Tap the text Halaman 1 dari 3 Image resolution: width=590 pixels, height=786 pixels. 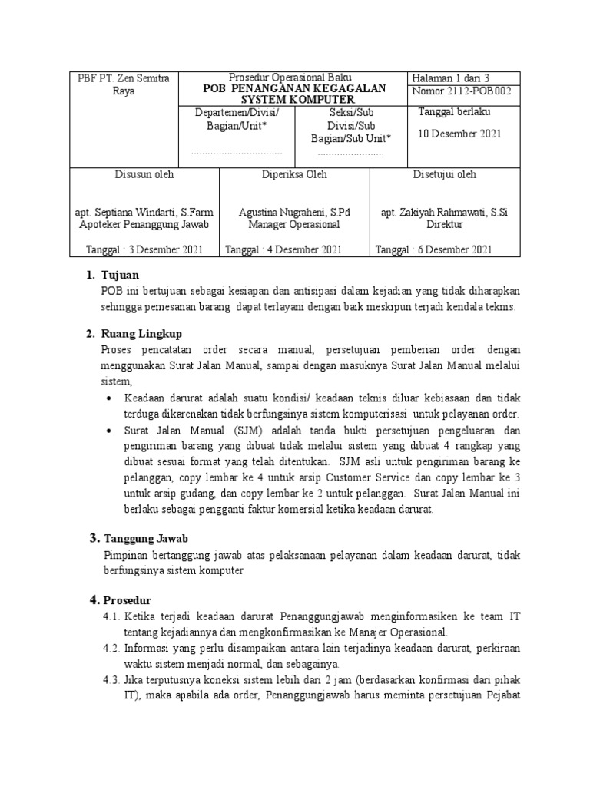click(x=451, y=78)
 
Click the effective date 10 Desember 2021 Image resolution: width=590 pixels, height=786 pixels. click(x=459, y=134)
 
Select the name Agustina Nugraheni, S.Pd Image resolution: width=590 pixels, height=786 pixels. click(x=294, y=212)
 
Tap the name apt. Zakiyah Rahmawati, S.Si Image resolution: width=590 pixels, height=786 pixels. click(x=445, y=212)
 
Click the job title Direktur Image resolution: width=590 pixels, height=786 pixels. click(x=445, y=225)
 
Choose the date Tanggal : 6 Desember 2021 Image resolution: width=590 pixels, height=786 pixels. click(x=433, y=249)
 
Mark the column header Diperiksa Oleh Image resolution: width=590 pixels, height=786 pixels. click(x=294, y=174)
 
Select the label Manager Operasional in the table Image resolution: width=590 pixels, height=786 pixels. click(x=294, y=225)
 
